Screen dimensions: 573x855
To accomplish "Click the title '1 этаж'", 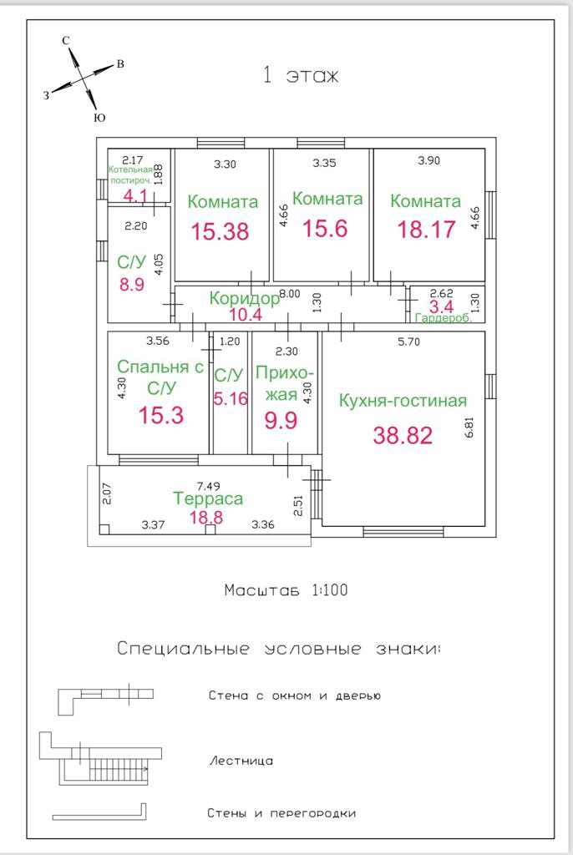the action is coord(301,76).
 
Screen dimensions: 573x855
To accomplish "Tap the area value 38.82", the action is coord(403,435).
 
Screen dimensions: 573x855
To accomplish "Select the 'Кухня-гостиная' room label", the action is coord(403,401).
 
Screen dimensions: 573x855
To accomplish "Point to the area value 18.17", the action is coord(426,229).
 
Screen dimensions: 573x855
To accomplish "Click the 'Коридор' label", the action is coord(244,298).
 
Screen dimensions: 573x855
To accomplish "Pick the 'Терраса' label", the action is coord(208,498).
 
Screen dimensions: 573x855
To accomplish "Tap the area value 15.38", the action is coord(221,231).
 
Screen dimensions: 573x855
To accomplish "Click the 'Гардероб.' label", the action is coord(444,318).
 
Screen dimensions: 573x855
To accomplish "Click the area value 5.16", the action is coord(231,398).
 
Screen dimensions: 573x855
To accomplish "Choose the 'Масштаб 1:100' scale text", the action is coord(286,590).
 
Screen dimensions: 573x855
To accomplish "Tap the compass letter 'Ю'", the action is coord(99,119).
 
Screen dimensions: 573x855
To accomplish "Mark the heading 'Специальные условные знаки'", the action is coord(279,649).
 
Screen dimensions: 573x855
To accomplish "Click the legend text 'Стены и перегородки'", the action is coord(281,813).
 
